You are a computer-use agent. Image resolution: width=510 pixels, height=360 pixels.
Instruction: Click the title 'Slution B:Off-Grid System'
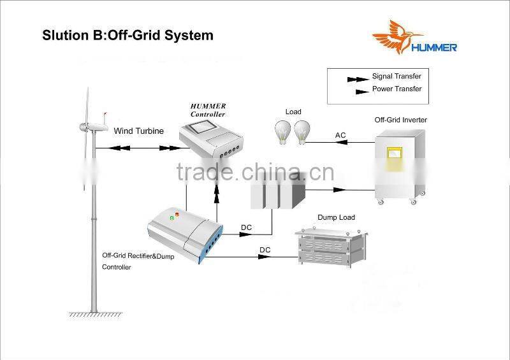[x=127, y=35]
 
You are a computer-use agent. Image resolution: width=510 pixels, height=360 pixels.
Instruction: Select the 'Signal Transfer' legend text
[x=397, y=76]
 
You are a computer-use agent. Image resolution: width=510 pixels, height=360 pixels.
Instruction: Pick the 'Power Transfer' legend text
[x=397, y=89]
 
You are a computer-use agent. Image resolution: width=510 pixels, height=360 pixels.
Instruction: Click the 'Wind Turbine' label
[x=139, y=131]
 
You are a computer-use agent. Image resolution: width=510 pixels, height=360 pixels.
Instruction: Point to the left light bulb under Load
[x=283, y=131]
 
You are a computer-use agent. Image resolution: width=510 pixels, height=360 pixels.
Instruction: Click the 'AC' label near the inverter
[x=340, y=135]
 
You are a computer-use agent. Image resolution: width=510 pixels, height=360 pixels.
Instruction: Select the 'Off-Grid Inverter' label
[x=400, y=120]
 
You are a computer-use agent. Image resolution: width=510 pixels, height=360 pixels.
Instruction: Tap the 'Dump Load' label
[x=336, y=218]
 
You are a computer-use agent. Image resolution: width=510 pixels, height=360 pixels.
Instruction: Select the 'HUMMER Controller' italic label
[x=208, y=110]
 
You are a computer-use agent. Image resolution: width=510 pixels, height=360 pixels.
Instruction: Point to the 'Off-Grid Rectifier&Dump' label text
[x=138, y=256]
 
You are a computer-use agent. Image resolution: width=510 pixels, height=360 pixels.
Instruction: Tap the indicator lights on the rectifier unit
[x=173, y=216]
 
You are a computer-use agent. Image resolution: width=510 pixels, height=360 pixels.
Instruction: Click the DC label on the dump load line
[x=265, y=250]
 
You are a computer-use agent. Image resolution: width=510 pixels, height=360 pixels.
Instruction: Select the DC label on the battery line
[x=245, y=227]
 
